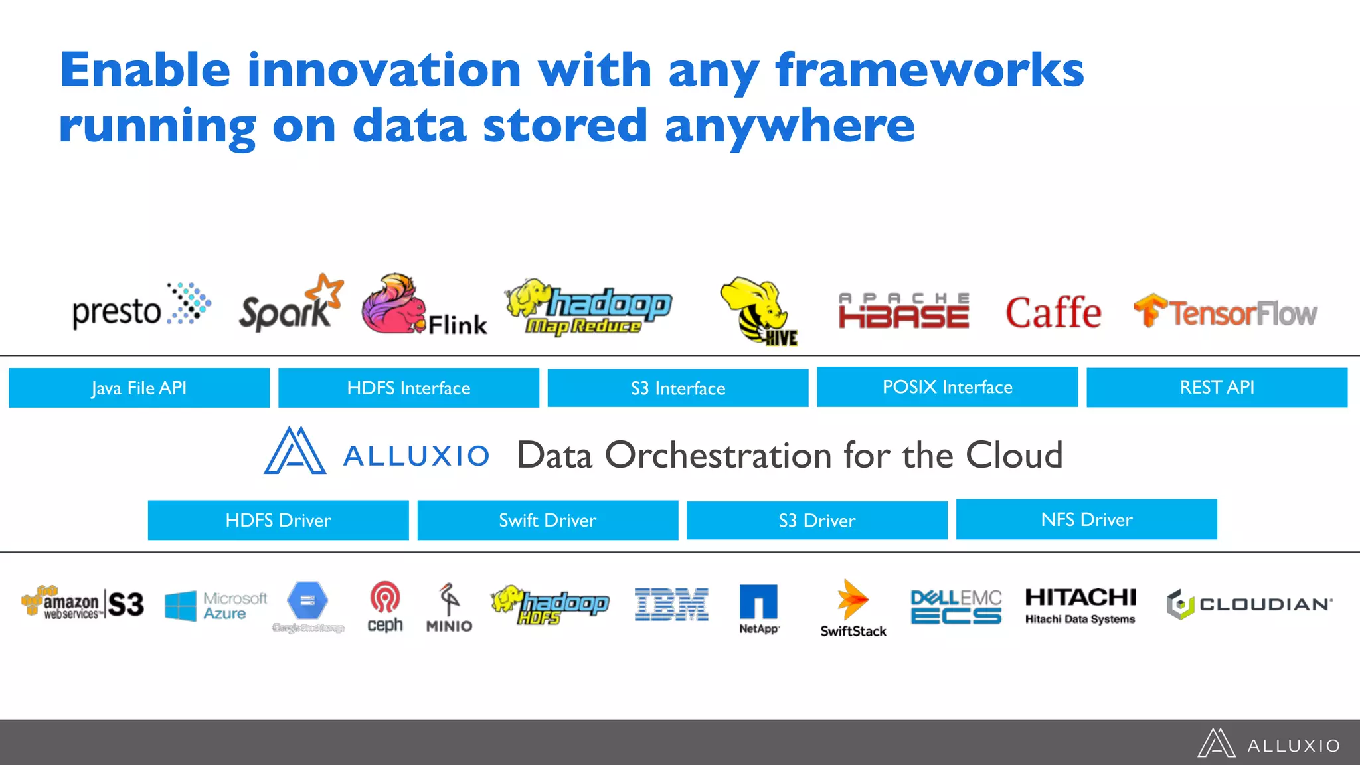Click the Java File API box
point(139,388)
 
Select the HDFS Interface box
point(408,388)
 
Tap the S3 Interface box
point(678,388)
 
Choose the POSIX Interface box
point(947,387)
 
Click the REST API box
point(1217,387)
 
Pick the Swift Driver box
point(547,520)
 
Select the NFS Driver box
point(1086,519)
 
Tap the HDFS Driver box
point(278,520)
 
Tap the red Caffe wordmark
point(1053,313)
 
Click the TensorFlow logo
point(1225,312)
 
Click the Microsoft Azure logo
point(216,606)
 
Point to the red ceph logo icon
point(385,597)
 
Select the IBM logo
point(671,604)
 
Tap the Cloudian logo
point(1249,604)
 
